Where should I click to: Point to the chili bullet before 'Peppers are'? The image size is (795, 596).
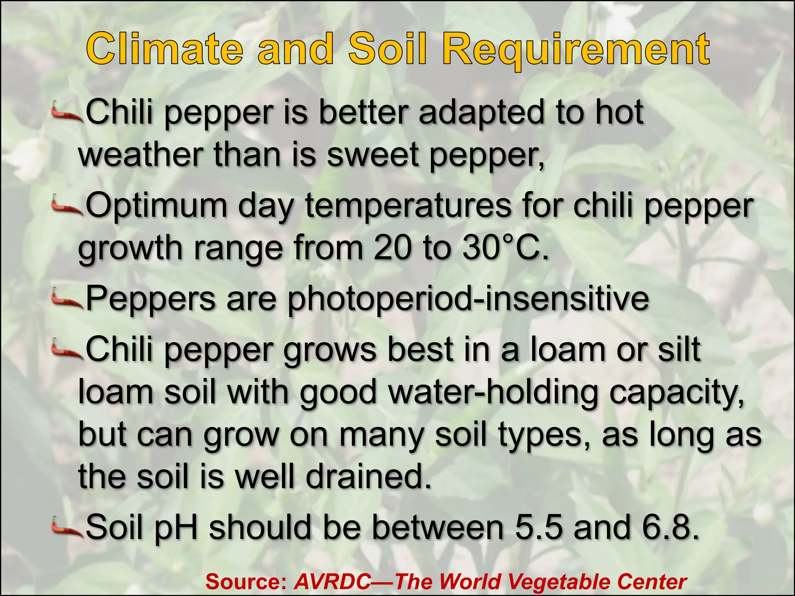tap(67, 299)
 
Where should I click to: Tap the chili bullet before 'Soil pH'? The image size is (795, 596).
tap(67, 528)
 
